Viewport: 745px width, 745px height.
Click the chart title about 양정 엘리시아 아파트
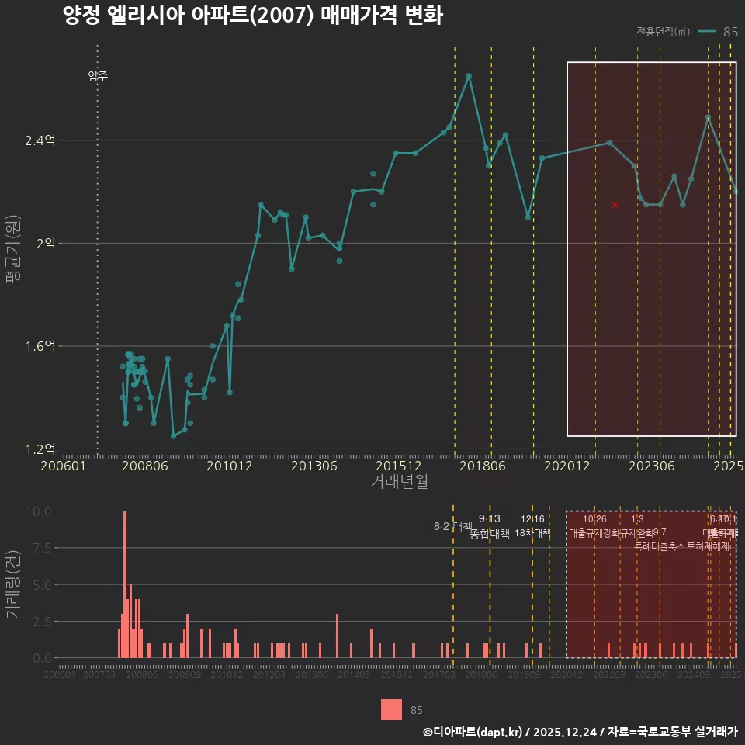pyautogui.click(x=252, y=16)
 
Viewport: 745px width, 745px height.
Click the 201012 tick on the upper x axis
pyautogui.click(x=230, y=466)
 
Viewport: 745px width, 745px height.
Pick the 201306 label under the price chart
pyautogui.click(x=314, y=466)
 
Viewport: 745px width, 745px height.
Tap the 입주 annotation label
pyautogui.click(x=98, y=76)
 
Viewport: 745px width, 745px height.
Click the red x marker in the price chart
pyautogui.click(x=615, y=204)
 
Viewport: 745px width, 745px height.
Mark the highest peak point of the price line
pyautogui.click(x=469, y=76)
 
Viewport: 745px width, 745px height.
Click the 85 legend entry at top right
pyautogui.click(x=729, y=32)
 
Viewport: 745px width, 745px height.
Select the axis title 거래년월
pyautogui.click(x=399, y=481)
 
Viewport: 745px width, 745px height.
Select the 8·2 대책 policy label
pyautogui.click(x=452, y=526)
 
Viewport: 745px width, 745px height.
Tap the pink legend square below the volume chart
pyautogui.click(x=391, y=709)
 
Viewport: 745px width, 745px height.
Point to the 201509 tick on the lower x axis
pyautogui.click(x=397, y=676)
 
